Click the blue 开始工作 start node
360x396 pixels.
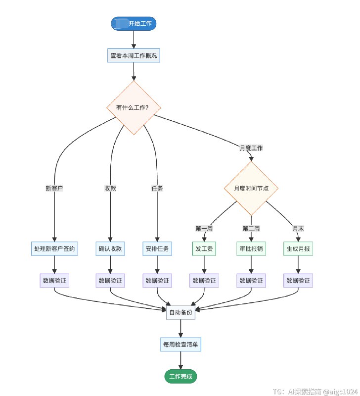(134, 23)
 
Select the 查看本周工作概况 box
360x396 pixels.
(134, 55)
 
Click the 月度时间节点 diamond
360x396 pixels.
(251, 189)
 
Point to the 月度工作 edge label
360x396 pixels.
(251, 148)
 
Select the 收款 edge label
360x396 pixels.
(110, 188)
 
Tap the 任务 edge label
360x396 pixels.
(157, 188)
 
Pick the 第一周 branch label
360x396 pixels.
(204, 228)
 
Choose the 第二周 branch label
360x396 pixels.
(251, 228)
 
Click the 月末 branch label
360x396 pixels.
(298, 228)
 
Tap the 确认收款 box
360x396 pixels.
(110, 248)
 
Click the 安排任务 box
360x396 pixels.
(157, 248)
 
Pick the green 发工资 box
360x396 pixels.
(204, 248)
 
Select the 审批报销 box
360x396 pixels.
(251, 248)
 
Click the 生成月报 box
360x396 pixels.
(298, 248)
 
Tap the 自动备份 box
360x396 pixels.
(180, 312)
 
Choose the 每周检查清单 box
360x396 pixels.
(180, 344)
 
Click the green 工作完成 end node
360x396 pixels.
(180, 377)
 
